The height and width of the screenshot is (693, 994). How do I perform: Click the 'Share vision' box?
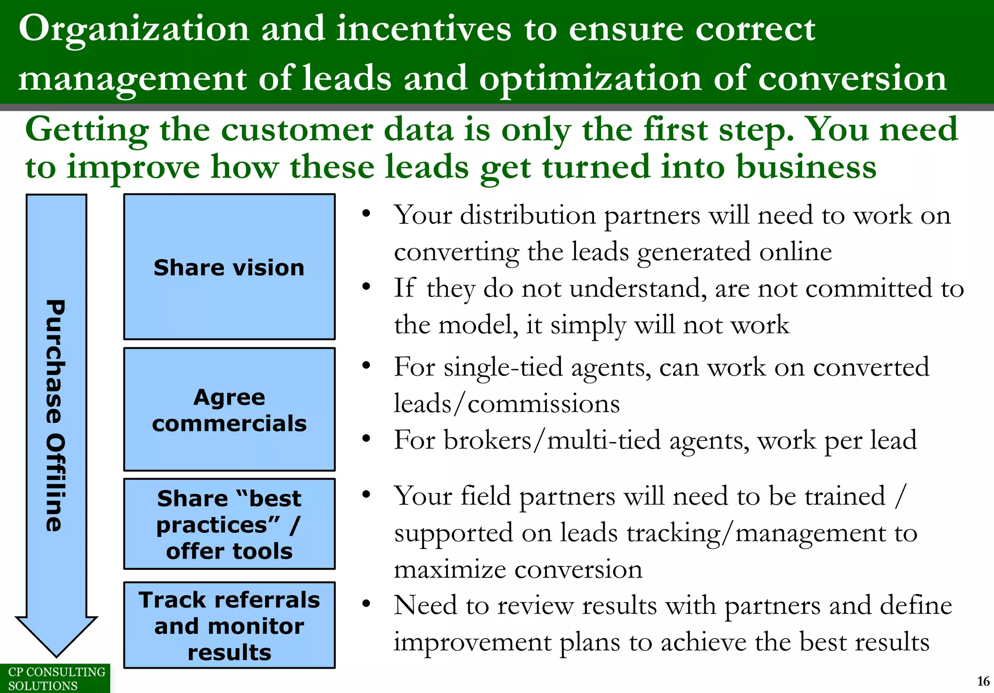tap(229, 267)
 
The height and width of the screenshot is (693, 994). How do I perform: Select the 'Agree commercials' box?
tap(229, 410)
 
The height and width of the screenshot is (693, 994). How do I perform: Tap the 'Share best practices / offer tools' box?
tap(229, 524)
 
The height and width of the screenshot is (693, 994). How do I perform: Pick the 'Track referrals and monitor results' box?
tap(229, 625)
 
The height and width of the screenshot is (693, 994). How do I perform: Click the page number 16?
tap(983, 681)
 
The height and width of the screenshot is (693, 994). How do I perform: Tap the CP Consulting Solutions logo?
tap(54, 678)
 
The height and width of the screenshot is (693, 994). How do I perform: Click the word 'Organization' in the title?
tap(133, 29)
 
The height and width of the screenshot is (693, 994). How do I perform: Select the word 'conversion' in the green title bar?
tap(852, 79)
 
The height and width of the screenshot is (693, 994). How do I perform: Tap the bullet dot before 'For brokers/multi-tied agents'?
tap(366, 438)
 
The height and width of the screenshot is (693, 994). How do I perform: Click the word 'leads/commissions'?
tap(507, 404)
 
